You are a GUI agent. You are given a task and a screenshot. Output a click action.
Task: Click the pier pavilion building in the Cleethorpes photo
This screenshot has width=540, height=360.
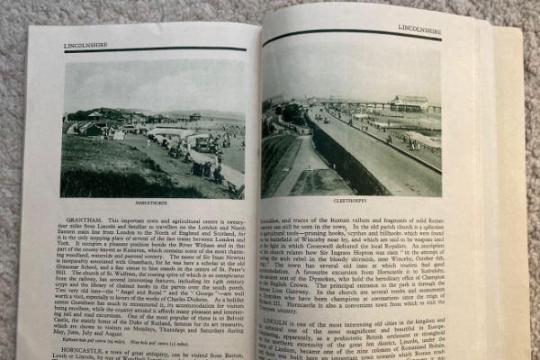click(x=409, y=102)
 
